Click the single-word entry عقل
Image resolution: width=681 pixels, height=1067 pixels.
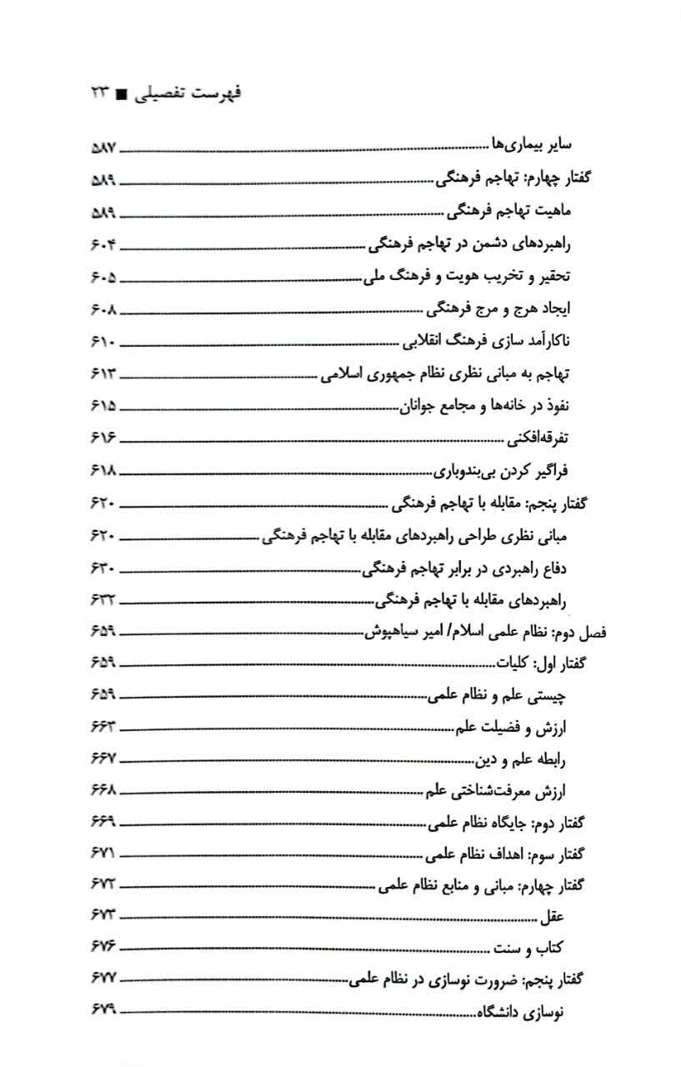[x=553, y=918]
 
